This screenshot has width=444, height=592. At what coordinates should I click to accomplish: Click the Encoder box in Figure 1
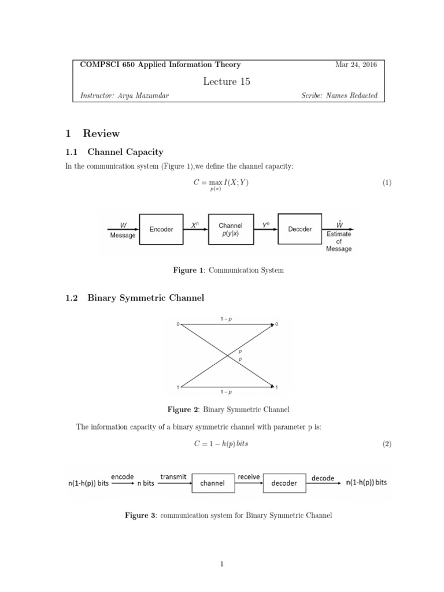[x=161, y=229]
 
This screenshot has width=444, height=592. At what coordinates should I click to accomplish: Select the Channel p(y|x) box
[x=230, y=229]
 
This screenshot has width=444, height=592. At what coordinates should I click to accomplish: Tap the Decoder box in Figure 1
[x=299, y=229]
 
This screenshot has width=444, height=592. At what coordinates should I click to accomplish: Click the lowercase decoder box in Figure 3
[x=284, y=483]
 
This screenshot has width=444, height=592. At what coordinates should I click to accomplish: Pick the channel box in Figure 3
[x=212, y=483]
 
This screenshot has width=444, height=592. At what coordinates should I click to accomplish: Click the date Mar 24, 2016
[x=356, y=65]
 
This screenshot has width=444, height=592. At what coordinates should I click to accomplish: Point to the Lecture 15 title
[x=227, y=82]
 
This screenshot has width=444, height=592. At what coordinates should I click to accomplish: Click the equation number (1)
[x=387, y=183]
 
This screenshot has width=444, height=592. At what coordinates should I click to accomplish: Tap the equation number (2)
[x=387, y=445]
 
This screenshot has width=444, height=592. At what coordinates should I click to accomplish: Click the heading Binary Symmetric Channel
[x=146, y=298]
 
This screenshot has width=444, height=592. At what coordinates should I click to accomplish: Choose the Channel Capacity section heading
[x=125, y=152]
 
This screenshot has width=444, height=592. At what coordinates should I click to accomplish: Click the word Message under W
[x=123, y=235]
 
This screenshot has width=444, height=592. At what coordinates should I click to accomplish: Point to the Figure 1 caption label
[x=185, y=270]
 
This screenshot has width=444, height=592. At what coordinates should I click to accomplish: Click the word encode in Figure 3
[x=123, y=477]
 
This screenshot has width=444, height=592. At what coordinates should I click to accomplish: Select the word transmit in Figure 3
[x=173, y=477]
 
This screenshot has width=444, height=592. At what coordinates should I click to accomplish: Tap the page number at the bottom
[x=221, y=564]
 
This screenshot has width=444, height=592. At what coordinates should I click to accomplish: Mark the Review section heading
[x=101, y=134]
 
